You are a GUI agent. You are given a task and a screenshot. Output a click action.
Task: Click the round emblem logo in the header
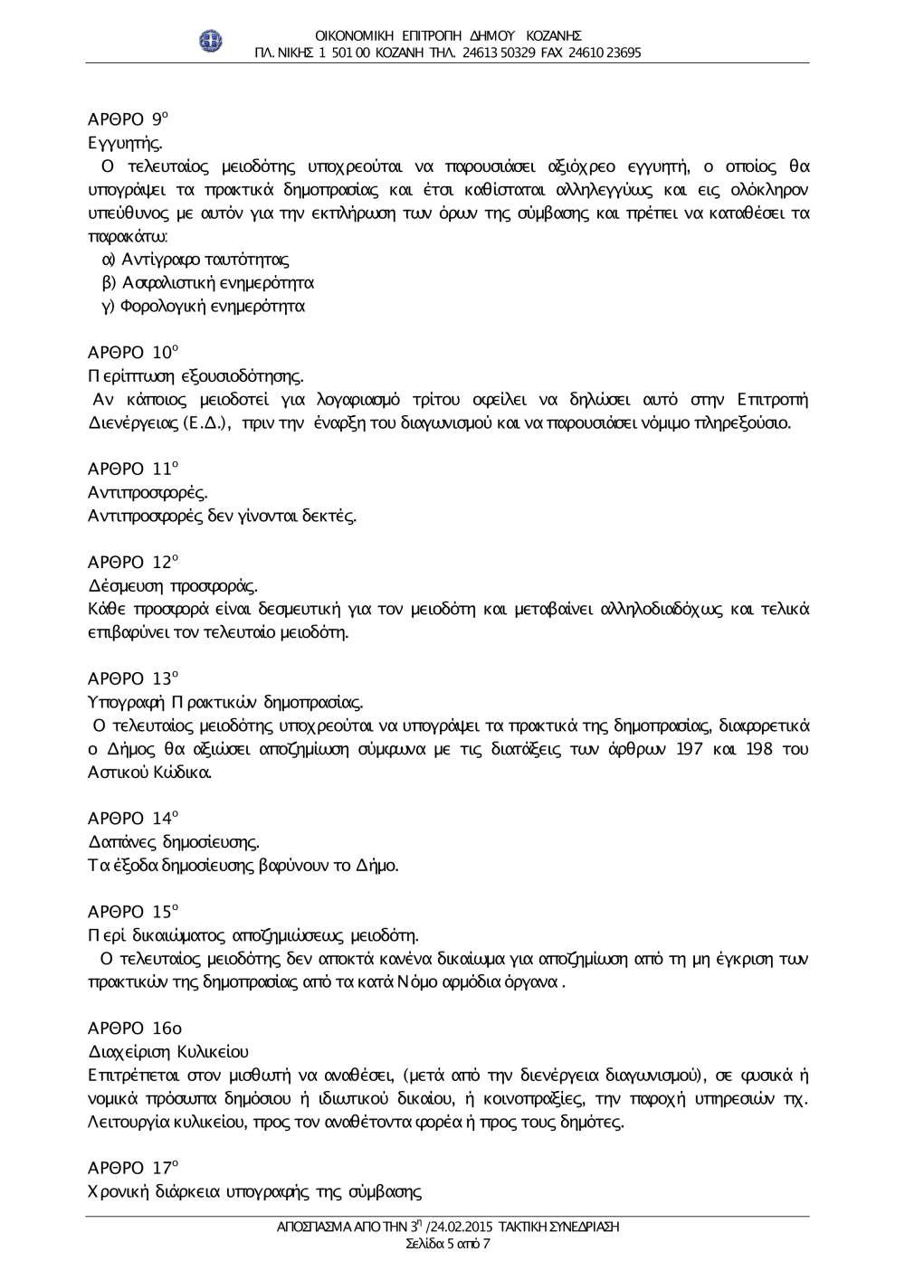pos(212,43)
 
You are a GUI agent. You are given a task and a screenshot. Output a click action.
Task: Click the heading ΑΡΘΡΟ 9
pos(129,119)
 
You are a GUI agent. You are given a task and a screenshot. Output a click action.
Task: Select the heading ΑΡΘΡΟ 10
pos(133,352)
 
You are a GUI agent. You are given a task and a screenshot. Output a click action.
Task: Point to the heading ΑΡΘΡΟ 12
pos(133,562)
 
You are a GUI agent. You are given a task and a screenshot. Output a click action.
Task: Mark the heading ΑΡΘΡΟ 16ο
pos(135,1029)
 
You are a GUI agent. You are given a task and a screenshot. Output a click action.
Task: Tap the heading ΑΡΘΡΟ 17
pos(133,1168)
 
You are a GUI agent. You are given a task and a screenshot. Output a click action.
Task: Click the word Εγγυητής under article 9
pos(125,143)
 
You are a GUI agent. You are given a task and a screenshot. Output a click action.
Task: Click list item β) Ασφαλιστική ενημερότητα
pos(207,282)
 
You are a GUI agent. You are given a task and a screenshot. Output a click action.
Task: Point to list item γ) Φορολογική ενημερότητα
pos(203,306)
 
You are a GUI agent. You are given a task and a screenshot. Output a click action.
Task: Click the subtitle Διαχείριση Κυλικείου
pos(168,1051)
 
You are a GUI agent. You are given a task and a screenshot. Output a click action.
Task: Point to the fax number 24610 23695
pos(605,52)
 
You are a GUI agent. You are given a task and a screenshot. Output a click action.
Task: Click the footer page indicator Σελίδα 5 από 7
pos(449,1243)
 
